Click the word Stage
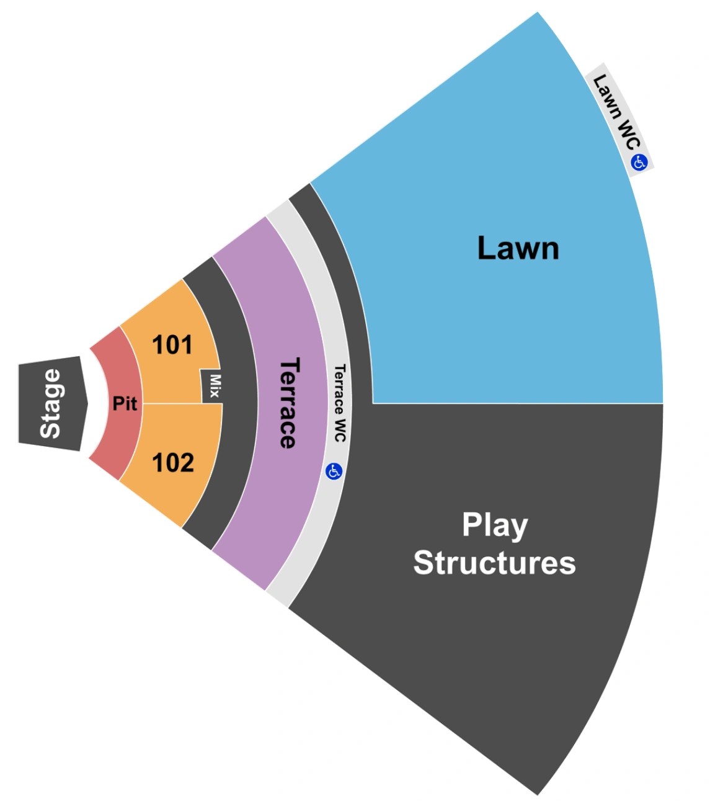point(51,403)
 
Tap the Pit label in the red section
point(125,404)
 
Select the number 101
point(172,345)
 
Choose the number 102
point(173,463)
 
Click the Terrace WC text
point(339,403)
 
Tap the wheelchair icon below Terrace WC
point(334,472)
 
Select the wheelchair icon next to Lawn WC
point(639,163)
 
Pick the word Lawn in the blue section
point(518,248)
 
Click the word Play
point(494,525)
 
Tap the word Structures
point(494,563)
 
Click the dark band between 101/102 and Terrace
point(239,403)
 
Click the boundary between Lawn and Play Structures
point(518,403)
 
